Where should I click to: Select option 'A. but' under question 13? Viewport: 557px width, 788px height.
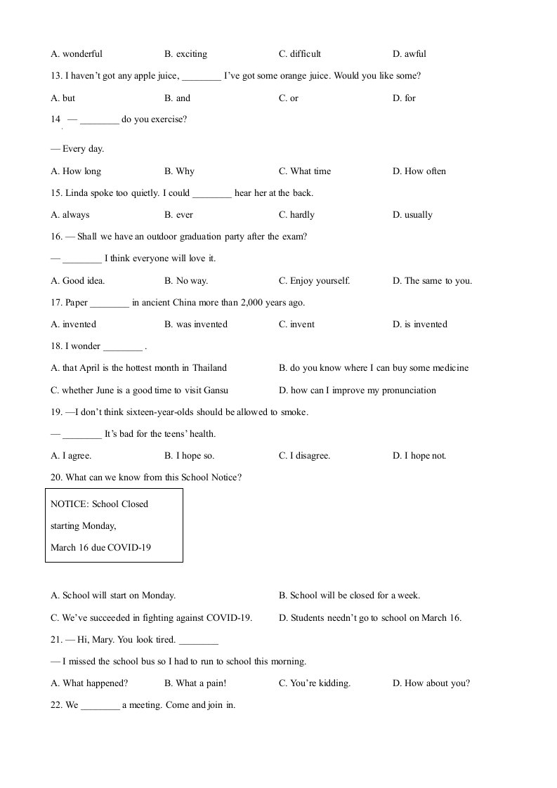[63, 98]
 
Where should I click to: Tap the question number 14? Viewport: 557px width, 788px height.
[55, 119]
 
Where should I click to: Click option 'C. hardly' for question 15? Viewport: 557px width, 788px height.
[296, 215]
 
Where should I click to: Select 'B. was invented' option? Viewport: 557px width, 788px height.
[196, 324]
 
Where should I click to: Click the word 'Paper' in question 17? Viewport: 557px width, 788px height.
[77, 303]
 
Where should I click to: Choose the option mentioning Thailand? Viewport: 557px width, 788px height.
[139, 368]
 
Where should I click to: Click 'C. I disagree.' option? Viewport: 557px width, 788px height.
[304, 456]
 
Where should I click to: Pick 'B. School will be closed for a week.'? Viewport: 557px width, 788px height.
[349, 596]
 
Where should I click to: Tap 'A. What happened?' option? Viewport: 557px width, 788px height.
[89, 683]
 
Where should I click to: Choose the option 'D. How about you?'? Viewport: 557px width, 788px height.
[431, 683]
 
